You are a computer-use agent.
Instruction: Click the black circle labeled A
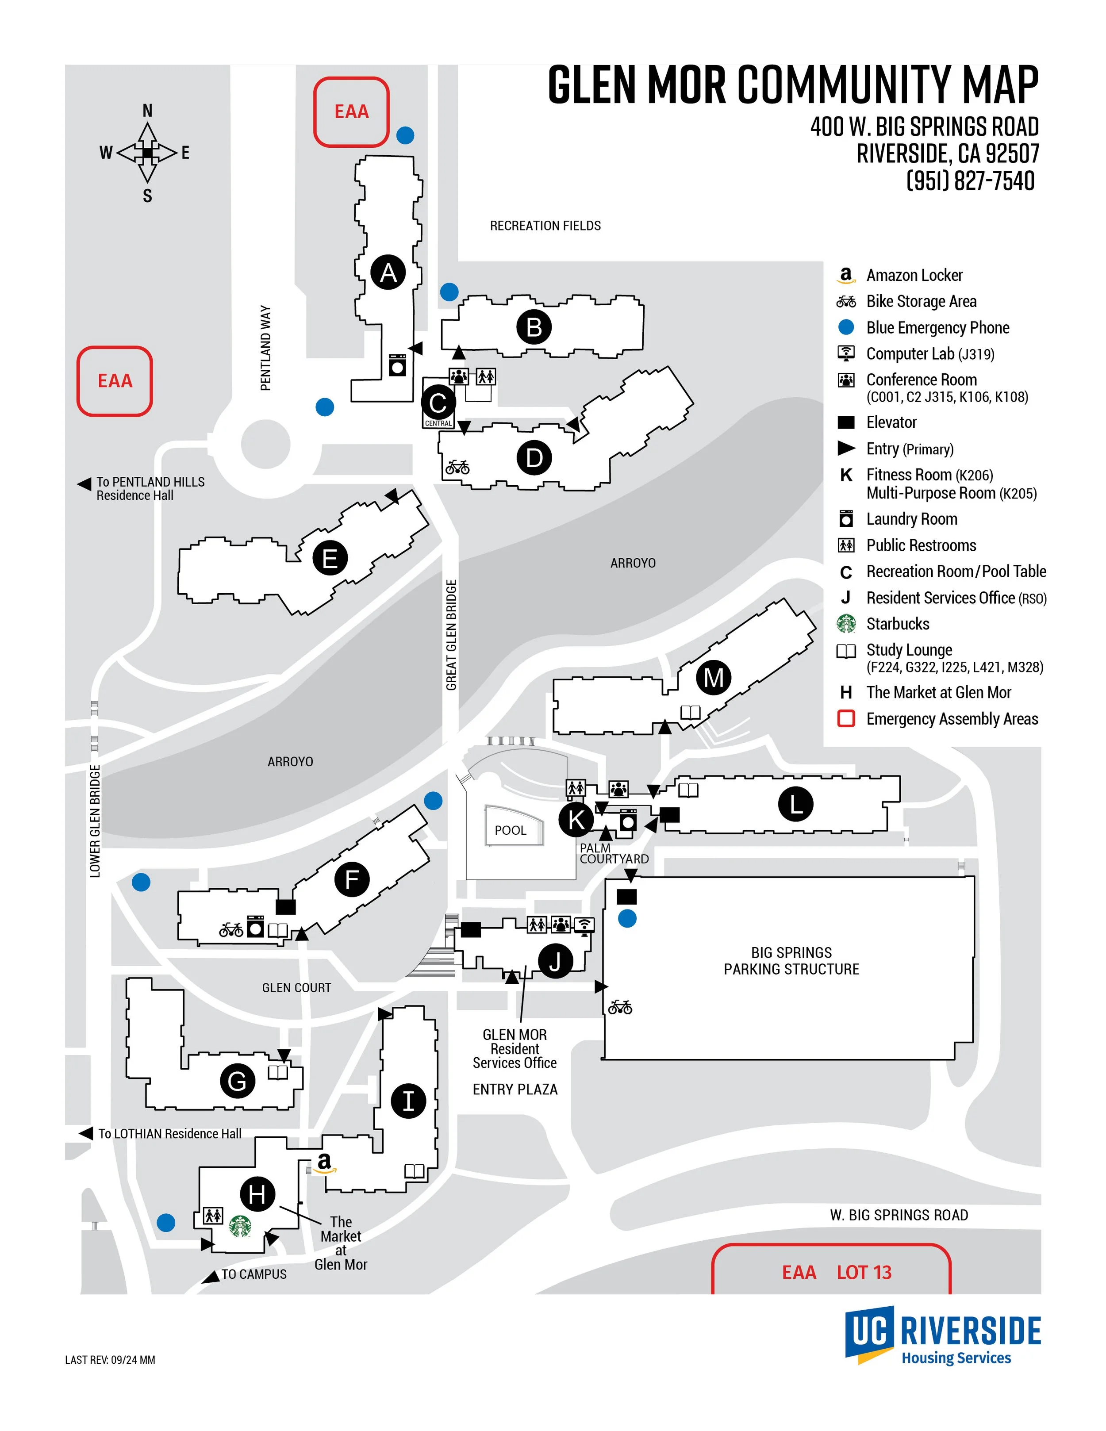click(x=388, y=272)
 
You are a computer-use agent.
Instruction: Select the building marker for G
click(x=237, y=1081)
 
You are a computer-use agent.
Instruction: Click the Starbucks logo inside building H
click(x=241, y=1226)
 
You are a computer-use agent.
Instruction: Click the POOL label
click(x=511, y=830)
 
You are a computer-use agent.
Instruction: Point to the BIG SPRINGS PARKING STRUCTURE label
click(x=791, y=960)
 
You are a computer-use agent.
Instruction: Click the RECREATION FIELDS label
click(x=545, y=226)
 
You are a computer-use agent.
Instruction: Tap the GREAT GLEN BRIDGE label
click(x=451, y=634)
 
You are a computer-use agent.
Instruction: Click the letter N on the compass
click(x=147, y=111)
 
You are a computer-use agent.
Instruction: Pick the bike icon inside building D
click(x=457, y=467)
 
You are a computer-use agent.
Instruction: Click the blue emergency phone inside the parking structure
click(x=627, y=919)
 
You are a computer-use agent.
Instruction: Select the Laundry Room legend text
click(x=911, y=519)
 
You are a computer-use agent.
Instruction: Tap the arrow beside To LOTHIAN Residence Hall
click(x=85, y=1133)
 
